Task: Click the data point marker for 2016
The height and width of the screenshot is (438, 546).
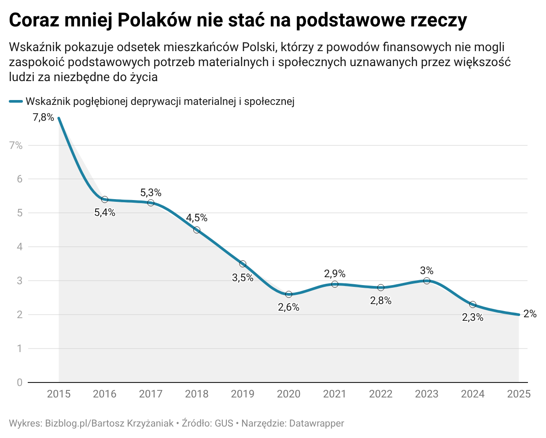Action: point(105,200)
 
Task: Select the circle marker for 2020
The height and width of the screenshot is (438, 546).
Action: point(289,294)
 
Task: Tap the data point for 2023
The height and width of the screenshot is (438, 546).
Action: point(427,281)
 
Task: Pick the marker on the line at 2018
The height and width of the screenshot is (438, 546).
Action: point(197,230)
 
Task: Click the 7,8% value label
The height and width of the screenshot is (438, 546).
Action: point(43,118)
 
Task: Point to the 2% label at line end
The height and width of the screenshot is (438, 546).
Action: point(530,314)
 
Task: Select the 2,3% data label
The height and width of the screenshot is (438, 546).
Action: point(472,317)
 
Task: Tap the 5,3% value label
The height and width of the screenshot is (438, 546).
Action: point(151,193)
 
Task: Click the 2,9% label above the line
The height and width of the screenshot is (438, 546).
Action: point(335,274)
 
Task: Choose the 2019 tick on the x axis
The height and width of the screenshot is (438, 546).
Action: point(243,394)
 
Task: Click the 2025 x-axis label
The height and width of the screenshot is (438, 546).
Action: point(519,394)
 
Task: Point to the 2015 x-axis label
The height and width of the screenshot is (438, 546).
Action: point(59,394)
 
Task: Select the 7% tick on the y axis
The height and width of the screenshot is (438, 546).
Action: point(16,145)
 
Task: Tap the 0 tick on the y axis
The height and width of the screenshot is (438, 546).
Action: point(19,382)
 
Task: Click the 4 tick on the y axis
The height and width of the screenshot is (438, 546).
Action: point(19,247)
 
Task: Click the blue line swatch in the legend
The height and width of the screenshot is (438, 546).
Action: point(16,102)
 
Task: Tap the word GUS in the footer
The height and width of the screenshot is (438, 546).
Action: point(224,423)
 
